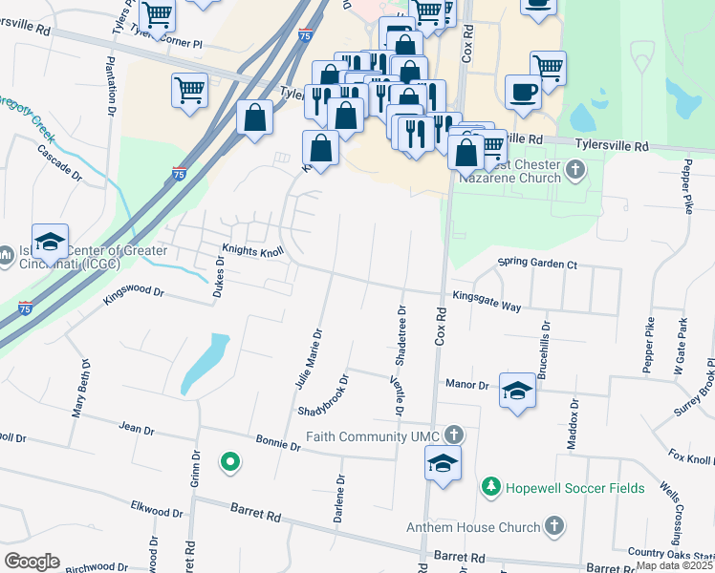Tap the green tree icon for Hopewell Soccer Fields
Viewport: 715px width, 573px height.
(x=491, y=487)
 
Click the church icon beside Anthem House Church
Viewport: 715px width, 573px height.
(x=553, y=526)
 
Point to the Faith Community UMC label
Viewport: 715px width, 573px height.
(x=374, y=435)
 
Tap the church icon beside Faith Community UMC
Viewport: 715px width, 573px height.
(x=454, y=435)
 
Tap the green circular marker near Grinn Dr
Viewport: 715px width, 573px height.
(x=229, y=463)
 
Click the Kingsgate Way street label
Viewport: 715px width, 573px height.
(x=487, y=300)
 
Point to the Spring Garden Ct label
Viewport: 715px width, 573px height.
(x=537, y=264)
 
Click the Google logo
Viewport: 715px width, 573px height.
(x=32, y=562)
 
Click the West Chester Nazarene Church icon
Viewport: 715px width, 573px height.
(x=574, y=170)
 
